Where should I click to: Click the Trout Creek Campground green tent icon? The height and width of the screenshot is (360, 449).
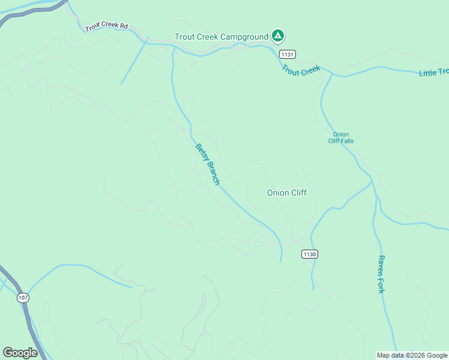click(x=277, y=37)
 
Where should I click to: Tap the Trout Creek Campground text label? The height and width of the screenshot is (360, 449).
click(x=221, y=37)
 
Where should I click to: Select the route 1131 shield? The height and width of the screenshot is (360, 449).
click(x=287, y=54)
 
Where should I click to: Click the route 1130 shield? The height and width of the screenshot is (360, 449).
click(x=309, y=254)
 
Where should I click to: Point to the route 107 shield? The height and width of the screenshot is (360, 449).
click(x=23, y=298)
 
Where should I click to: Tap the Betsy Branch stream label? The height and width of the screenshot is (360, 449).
click(x=208, y=164)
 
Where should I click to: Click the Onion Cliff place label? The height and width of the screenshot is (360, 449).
click(x=287, y=193)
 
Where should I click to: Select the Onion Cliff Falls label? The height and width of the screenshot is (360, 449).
click(x=341, y=137)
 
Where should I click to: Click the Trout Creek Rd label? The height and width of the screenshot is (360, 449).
click(x=107, y=26)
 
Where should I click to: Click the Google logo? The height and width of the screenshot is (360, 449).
click(x=20, y=353)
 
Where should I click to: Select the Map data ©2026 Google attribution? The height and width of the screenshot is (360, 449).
click(x=412, y=355)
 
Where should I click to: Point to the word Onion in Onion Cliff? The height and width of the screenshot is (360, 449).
click(x=278, y=193)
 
